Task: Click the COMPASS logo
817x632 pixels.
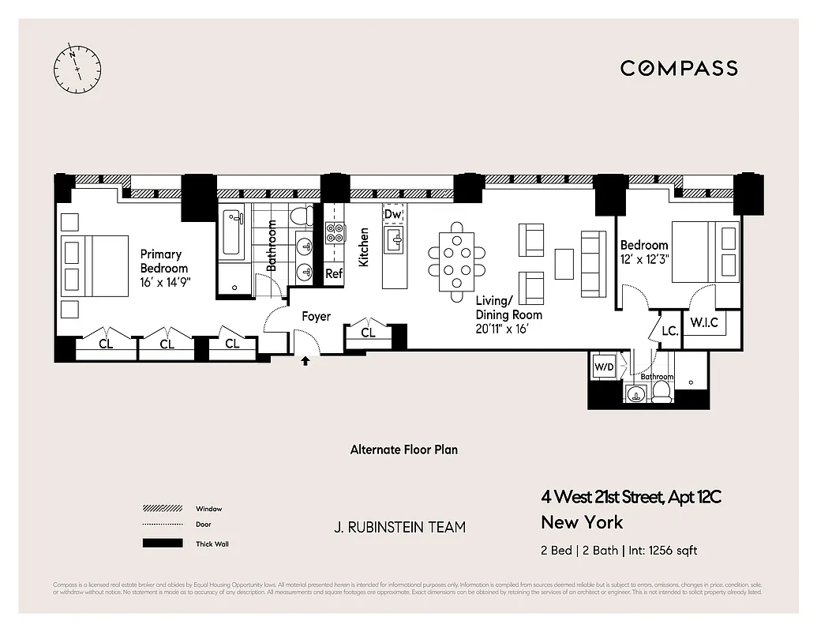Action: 679,68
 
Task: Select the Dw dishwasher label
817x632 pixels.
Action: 392,214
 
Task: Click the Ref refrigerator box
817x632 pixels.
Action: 334,274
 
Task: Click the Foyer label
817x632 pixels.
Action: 317,317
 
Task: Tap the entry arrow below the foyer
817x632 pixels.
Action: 306,362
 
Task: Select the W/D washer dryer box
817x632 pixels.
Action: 603,367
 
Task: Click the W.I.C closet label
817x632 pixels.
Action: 703,322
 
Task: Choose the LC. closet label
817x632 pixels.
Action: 669,332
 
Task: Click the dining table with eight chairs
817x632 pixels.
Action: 457,261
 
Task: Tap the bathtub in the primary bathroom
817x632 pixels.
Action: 232,233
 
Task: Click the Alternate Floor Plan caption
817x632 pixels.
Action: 404,450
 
